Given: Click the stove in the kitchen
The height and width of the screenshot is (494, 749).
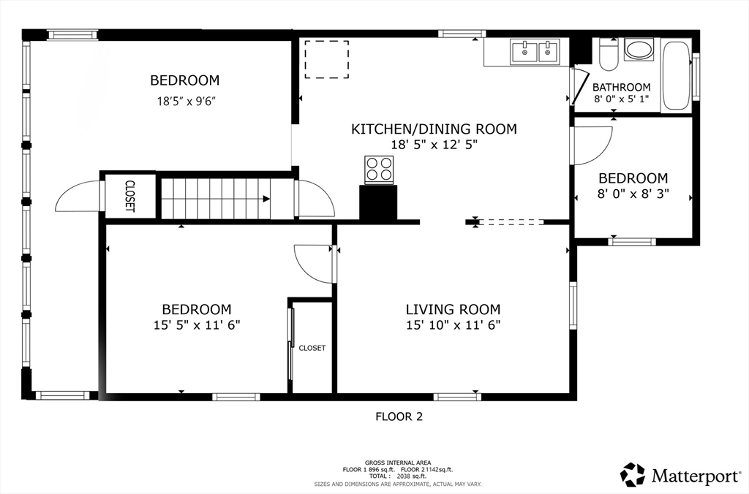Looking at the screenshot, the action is [379, 170].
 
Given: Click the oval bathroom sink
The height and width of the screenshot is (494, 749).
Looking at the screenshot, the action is [639, 50].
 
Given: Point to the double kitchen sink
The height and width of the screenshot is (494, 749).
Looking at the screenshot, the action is [535, 52].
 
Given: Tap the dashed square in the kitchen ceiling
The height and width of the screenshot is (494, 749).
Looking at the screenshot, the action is [327, 59].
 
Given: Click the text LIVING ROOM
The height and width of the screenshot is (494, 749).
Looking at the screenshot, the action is [453, 309].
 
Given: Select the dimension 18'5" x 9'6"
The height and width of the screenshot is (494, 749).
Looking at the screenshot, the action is [184, 101].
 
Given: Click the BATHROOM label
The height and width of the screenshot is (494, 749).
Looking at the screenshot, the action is [621, 87].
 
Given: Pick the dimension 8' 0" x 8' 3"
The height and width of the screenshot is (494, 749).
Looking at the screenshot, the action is [633, 194].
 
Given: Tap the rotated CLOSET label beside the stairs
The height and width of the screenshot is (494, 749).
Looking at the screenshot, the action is [130, 196].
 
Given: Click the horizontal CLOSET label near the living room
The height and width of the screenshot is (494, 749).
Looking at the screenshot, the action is [312, 348].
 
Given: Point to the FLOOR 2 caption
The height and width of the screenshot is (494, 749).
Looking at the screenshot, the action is [399, 417].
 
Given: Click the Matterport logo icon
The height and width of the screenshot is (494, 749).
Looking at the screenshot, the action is [633, 474].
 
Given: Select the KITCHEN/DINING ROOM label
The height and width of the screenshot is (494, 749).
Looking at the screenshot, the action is [434, 129].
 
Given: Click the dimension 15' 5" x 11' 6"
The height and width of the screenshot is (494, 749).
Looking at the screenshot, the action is [196, 325].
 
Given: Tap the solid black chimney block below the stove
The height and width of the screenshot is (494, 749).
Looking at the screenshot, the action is [378, 203].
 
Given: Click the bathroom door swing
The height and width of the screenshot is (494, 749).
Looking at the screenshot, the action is [579, 87].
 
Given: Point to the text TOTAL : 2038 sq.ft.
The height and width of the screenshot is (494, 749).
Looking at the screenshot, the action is [397, 476].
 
